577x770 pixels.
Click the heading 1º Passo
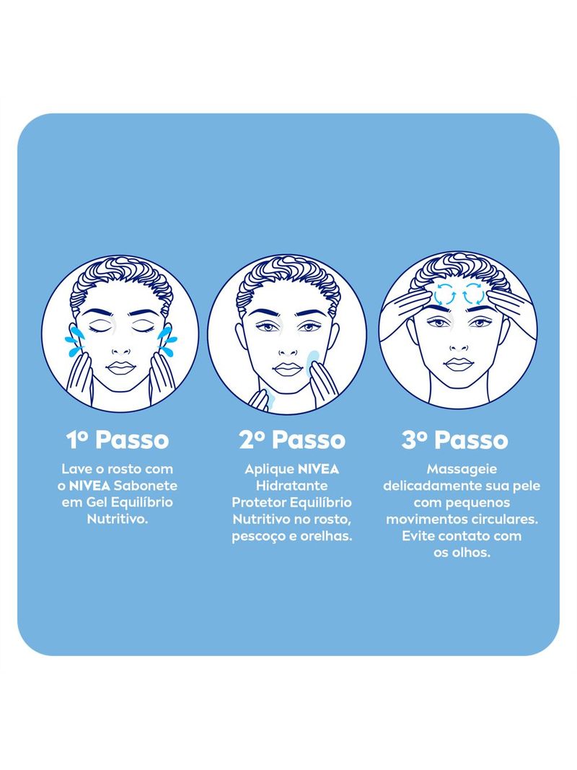[x=118, y=439]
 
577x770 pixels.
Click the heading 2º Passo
[x=292, y=439]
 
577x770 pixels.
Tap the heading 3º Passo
[x=455, y=439]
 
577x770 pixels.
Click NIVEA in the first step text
[x=89, y=486]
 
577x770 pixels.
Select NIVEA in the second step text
[x=318, y=469]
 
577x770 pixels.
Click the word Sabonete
[x=146, y=486]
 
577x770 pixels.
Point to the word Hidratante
[x=292, y=486]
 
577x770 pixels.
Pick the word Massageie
[x=462, y=469]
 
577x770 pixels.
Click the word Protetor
[x=259, y=502]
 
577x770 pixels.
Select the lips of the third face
[x=457, y=364]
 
